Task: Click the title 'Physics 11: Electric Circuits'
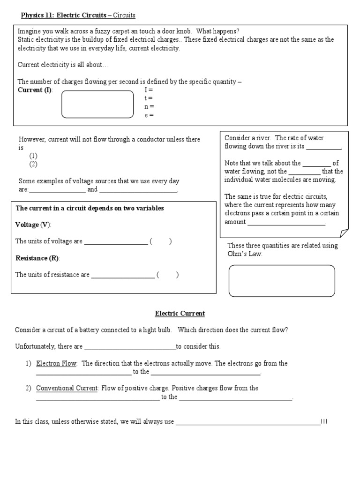pyautogui.click(x=64, y=15)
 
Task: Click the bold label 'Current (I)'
pyautogui.click(x=35, y=90)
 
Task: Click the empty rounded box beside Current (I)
pyautogui.click(x=97, y=104)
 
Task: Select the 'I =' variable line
pyautogui.click(x=149, y=90)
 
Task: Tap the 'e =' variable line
pyautogui.click(x=149, y=115)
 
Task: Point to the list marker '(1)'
pyautogui.click(x=33, y=156)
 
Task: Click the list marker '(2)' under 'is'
pyautogui.click(x=33, y=164)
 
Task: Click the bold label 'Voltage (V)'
pyautogui.click(x=33, y=225)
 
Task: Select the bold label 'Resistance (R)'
pyautogui.click(x=38, y=258)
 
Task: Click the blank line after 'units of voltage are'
pyautogui.click(x=116, y=242)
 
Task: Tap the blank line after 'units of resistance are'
pyautogui.click(x=122, y=276)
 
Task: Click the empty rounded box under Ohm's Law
pyautogui.click(x=282, y=281)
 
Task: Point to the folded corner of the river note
pyautogui.click(x=343, y=232)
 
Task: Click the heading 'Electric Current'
pyautogui.click(x=180, y=314)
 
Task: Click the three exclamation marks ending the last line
pyautogui.click(x=324, y=422)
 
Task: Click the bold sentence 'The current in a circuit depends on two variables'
pyautogui.click(x=90, y=209)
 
